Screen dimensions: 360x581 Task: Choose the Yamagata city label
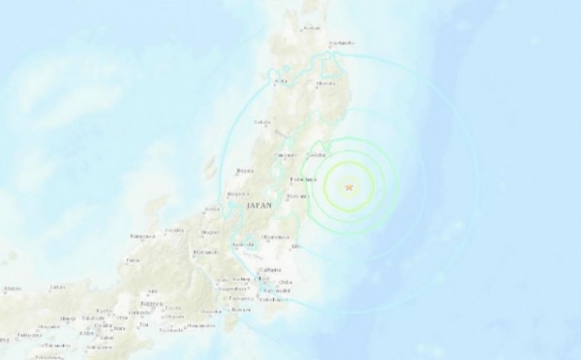pyautogui.click(x=283, y=155)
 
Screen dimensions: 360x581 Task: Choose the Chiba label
pyautogui.click(x=286, y=282)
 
